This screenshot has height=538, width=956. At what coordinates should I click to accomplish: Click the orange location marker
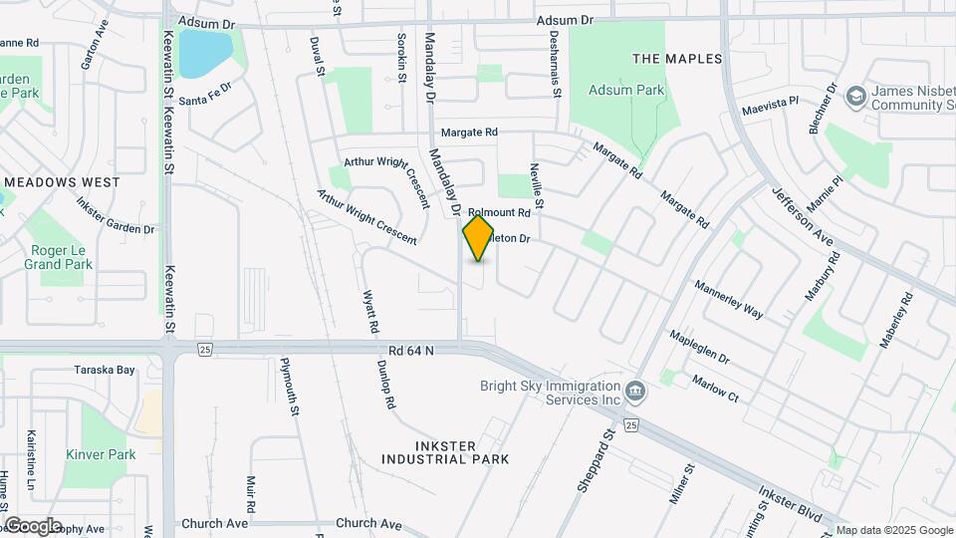pyautogui.click(x=478, y=237)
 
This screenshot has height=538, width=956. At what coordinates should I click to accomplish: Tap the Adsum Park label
pyautogui.click(x=626, y=90)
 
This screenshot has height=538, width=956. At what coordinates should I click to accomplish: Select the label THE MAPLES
pyautogui.click(x=677, y=59)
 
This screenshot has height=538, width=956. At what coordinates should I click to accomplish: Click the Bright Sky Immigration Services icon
pyautogui.click(x=636, y=392)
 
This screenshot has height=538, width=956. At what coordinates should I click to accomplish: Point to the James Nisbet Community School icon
pyautogui.click(x=855, y=97)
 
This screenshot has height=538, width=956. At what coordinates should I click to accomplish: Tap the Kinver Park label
pyautogui.click(x=101, y=454)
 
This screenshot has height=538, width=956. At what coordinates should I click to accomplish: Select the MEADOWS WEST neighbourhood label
pyautogui.click(x=62, y=182)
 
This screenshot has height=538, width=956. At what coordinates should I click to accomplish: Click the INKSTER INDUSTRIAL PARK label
pyautogui.click(x=445, y=452)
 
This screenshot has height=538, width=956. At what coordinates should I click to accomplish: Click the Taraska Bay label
pyautogui.click(x=104, y=370)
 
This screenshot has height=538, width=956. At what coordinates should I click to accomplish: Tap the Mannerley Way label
pyautogui.click(x=729, y=298)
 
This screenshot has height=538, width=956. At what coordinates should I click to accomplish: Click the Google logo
pyautogui.click(x=33, y=525)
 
